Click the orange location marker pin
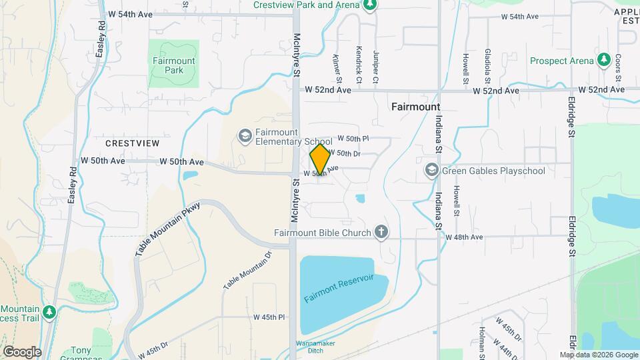320,159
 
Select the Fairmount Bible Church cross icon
381,232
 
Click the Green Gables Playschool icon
432,171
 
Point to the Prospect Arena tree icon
604,61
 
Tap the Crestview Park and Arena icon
371,5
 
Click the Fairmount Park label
173,65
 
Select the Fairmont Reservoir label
338,288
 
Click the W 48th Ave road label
464,237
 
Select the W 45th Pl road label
269,317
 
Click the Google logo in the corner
22,352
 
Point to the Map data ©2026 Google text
598,355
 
